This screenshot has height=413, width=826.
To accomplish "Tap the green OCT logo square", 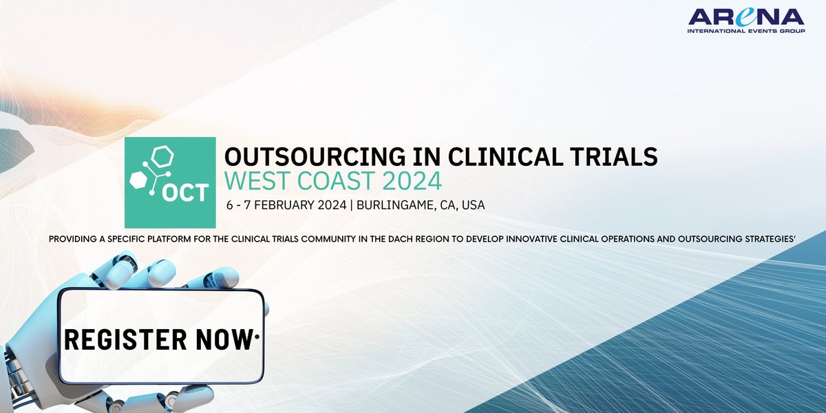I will point(170,182).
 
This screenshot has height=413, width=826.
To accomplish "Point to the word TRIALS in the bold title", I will point(619,156).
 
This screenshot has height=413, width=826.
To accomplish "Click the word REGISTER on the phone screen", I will point(127,339).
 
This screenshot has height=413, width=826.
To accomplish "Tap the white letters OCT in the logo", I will point(184,193).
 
